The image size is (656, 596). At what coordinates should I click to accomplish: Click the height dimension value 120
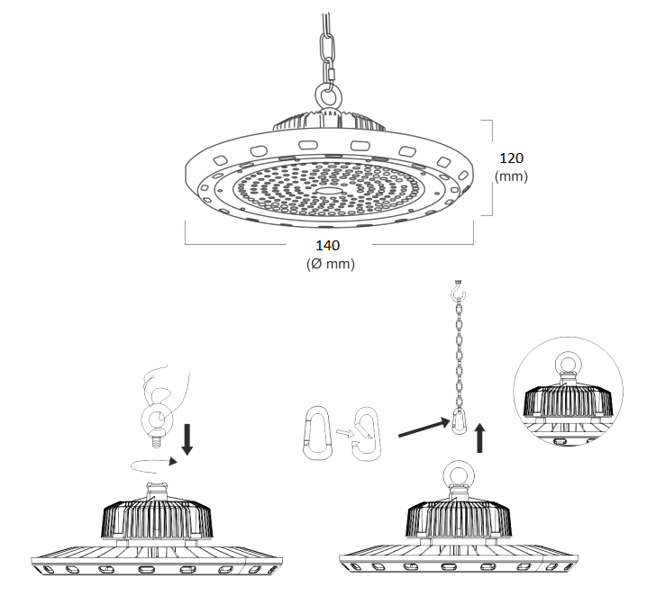pos(511,158)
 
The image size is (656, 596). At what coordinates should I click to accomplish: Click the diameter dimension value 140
pos(328,246)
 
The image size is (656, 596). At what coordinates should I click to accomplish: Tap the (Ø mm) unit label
pos(331,264)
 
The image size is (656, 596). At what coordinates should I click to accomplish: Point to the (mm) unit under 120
pos(511,176)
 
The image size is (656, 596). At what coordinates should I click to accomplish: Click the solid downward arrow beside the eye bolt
pos(187,439)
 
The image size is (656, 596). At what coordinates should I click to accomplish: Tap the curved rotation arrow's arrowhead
pos(173,462)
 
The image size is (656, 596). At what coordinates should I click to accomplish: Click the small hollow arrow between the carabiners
pos(343,433)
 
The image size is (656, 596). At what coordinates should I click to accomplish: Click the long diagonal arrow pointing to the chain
pos(424,428)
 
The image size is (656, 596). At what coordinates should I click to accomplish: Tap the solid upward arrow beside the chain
pos(479,438)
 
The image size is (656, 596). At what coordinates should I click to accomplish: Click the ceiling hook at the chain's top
pos(458,290)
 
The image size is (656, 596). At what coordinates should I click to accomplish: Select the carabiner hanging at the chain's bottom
pos(459,420)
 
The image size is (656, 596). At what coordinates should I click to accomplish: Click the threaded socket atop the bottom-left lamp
pos(157,490)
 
